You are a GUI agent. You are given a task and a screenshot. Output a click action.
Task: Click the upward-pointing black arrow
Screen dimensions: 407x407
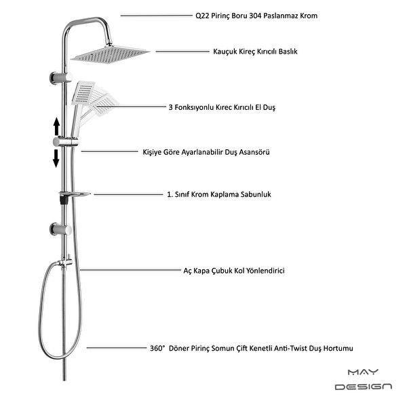[56, 126]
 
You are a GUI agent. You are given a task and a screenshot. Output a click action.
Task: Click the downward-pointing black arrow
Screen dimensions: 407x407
[56, 158]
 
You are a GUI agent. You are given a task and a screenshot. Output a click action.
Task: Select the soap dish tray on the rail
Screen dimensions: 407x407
[75, 194]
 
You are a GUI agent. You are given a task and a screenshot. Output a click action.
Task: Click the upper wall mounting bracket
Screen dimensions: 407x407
[61, 77]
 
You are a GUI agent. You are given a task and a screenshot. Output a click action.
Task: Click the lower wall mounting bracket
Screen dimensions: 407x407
[61, 229]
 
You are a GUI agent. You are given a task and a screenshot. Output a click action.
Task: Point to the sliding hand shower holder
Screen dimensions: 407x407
[65, 142]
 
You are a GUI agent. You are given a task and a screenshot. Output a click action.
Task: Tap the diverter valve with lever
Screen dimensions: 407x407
[65, 262]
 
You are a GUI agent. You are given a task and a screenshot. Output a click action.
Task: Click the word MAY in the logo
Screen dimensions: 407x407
[363, 372]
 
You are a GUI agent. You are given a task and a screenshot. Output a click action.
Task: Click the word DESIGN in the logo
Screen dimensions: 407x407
[364, 387]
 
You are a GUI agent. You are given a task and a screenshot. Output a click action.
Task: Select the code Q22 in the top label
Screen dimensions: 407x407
[202, 16]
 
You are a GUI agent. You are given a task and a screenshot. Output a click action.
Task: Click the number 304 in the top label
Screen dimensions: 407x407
[256, 16]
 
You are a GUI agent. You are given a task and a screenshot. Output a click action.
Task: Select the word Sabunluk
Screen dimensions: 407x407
[256, 195]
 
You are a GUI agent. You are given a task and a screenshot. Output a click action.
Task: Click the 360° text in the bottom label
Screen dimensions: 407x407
[157, 348]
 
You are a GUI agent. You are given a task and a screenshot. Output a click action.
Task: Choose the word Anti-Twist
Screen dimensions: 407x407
[290, 348]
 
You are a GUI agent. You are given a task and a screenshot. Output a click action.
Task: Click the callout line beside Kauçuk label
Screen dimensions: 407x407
[182, 52]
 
